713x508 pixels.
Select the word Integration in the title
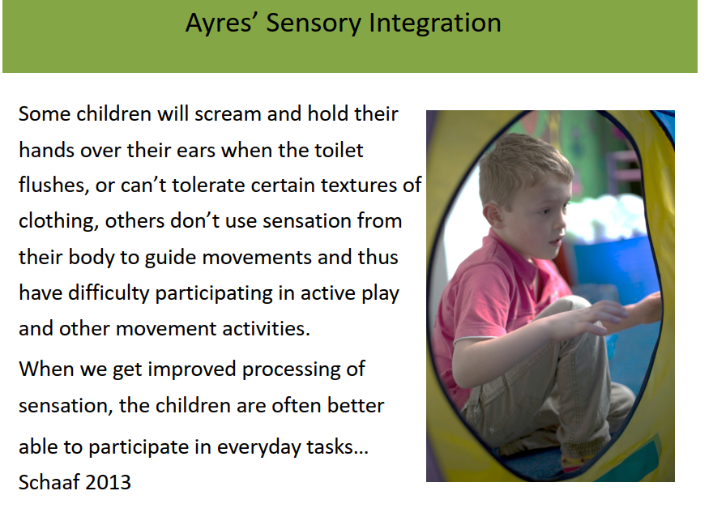pyautogui.click(x=435, y=23)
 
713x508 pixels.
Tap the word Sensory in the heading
pyautogui.click(x=314, y=23)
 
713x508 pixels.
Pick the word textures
pyautogui.click(x=358, y=186)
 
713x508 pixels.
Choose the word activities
pyautogui.click(x=267, y=328)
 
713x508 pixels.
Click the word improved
pyautogui.click(x=192, y=369)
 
